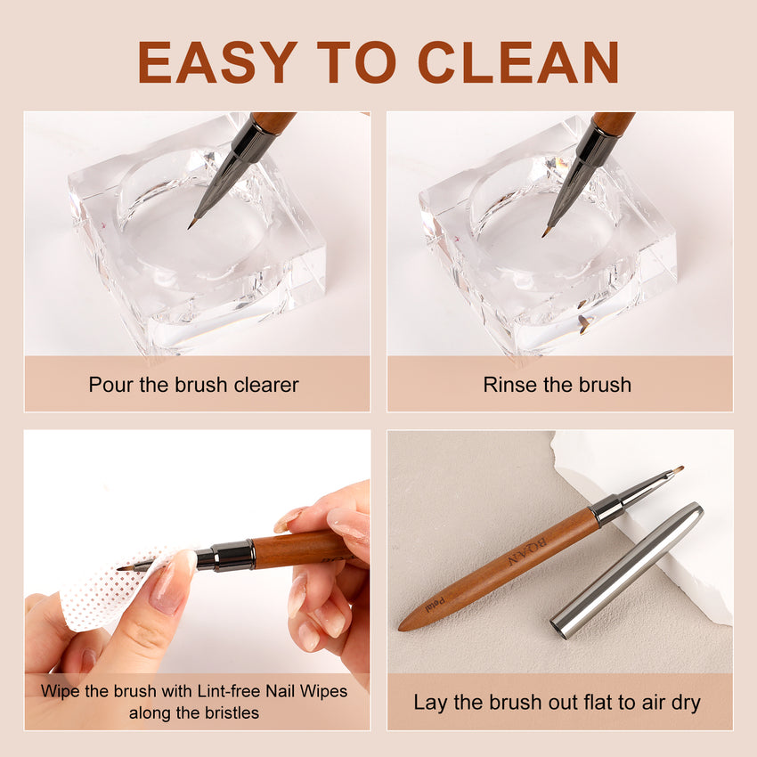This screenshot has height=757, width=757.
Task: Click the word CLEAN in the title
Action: click(x=517, y=62)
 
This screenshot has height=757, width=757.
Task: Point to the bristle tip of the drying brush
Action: click(x=678, y=468)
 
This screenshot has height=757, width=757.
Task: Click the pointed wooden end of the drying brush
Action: click(x=406, y=624)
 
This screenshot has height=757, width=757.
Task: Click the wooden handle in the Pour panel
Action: click(x=273, y=121)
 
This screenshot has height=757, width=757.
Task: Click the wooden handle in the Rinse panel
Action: click(x=614, y=122)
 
